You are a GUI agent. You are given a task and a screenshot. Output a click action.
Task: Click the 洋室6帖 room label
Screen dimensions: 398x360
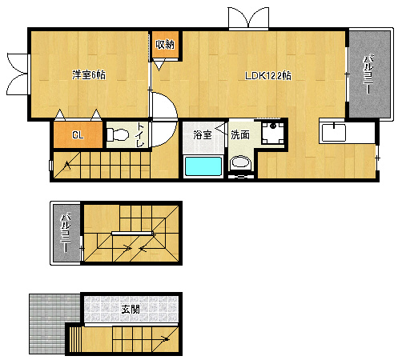pyautogui.click(x=89, y=75)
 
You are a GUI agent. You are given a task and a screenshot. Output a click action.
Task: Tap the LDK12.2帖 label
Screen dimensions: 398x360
pyautogui.click(x=268, y=76)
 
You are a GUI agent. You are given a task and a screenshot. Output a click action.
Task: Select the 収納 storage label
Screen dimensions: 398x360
pyautogui.click(x=165, y=44)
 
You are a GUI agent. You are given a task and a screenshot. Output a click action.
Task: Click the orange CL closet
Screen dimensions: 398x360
pyautogui.click(x=78, y=134)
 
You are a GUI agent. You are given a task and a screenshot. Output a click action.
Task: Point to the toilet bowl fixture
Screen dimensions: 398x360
pyautogui.click(x=118, y=134)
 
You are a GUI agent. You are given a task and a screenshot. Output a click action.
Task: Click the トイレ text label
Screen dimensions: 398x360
pyautogui.click(x=140, y=134)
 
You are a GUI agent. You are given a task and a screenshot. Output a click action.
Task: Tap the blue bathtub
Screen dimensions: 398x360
pyautogui.click(x=203, y=166)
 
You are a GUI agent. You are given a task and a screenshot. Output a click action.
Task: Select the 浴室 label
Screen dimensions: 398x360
pyautogui.click(x=203, y=135)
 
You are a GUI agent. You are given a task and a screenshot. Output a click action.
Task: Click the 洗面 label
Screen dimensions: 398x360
pyautogui.click(x=240, y=135)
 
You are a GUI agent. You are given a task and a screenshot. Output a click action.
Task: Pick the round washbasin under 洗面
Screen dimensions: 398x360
pyautogui.click(x=240, y=162)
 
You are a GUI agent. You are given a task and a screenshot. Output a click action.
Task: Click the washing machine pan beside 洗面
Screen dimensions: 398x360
pyautogui.click(x=272, y=133)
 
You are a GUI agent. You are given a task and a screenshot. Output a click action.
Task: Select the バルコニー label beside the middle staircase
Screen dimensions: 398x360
pyautogui.click(x=66, y=233)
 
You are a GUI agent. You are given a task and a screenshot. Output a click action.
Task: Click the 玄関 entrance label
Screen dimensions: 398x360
pyautogui.click(x=131, y=310)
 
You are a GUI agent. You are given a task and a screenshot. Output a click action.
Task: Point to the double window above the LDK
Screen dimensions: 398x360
pyautogui.click(x=248, y=18)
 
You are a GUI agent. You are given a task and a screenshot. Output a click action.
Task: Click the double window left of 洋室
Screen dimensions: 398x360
pyautogui.click(x=17, y=74)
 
